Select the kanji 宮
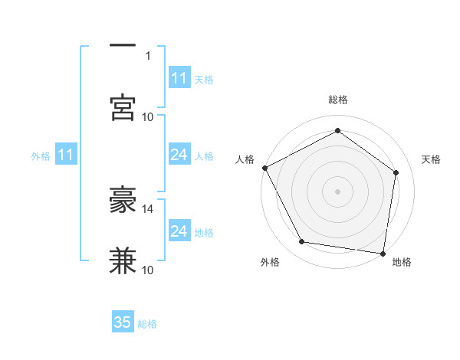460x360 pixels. pos(123,108)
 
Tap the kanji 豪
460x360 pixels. pos(123,200)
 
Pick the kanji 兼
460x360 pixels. pos(123,261)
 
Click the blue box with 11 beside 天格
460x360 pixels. pos(179,78)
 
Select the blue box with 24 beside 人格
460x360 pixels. pos(179,155)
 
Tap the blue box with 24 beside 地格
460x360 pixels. pos(179,231)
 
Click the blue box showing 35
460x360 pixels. pos(123,322)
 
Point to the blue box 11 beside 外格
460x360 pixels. pos(66,155)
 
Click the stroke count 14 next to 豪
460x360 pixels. pos(148,208)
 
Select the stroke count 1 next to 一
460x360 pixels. pos(148,55)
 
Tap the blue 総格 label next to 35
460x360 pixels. pos(147,324)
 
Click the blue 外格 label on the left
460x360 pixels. pos(41,155)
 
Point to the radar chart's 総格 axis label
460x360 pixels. pos(337,100)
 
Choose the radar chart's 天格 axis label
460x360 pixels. pos(431,159)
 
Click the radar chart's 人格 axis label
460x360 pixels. pos(245,159)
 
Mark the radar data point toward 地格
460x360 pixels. pos(383,253)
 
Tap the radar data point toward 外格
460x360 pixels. pos(302,242)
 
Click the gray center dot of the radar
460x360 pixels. pos(337,191)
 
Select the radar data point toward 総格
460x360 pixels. pos(337,131)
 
